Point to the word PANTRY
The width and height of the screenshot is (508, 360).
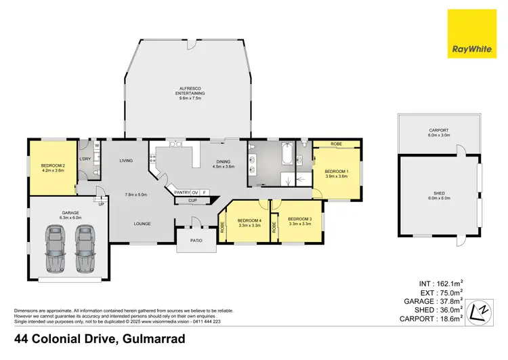click(182, 193)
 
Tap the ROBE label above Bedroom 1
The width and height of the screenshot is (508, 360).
click(337, 144)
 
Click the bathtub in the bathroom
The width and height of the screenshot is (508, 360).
click(287, 156)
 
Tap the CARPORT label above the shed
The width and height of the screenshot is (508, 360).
click(438, 130)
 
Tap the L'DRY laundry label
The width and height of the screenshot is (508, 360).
click(85, 159)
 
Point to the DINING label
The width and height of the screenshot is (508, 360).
click(223, 162)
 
